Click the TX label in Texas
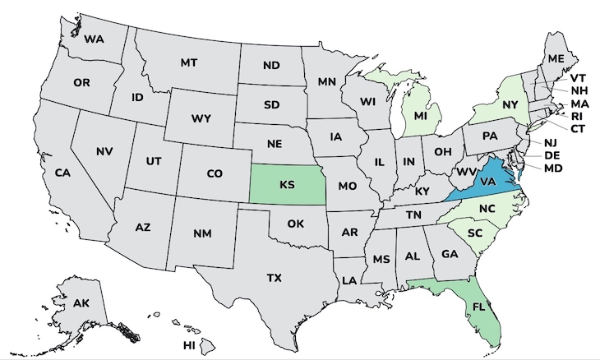[x=274, y=278]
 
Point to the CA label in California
[x=62, y=173]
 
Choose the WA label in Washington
[x=93, y=39]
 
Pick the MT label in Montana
[x=189, y=62]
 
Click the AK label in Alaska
[x=81, y=304]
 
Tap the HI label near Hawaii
[x=189, y=345]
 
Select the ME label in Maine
[x=556, y=58]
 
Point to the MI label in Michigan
[x=420, y=116]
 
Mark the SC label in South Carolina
[x=474, y=233]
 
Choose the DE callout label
[x=552, y=155]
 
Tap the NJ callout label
[x=550, y=142]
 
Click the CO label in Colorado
[x=214, y=173]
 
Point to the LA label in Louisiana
[x=349, y=280]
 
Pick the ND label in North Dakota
[x=271, y=66]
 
